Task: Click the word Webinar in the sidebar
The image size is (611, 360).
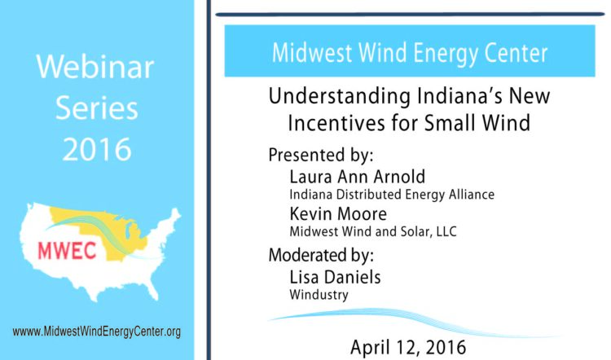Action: coord(95,67)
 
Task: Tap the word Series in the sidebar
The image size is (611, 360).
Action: coord(97,108)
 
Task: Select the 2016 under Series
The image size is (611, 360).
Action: coord(97,149)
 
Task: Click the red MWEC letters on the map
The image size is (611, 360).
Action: coord(67,251)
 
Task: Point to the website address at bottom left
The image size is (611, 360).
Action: coord(97,331)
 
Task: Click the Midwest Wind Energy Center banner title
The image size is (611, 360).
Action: coord(410,53)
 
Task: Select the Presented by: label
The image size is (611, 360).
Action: coord(321,155)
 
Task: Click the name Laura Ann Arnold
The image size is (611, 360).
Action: coord(358,177)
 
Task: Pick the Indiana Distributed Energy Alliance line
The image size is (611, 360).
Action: coord(392,194)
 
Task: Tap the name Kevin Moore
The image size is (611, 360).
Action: coord(338,214)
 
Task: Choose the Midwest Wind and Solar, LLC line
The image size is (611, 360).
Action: coord(373,231)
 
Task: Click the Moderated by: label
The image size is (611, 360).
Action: coord(321,255)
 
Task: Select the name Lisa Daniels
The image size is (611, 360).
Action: coord(335,277)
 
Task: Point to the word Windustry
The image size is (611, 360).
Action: coord(319,295)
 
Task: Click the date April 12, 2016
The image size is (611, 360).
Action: coord(408,347)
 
